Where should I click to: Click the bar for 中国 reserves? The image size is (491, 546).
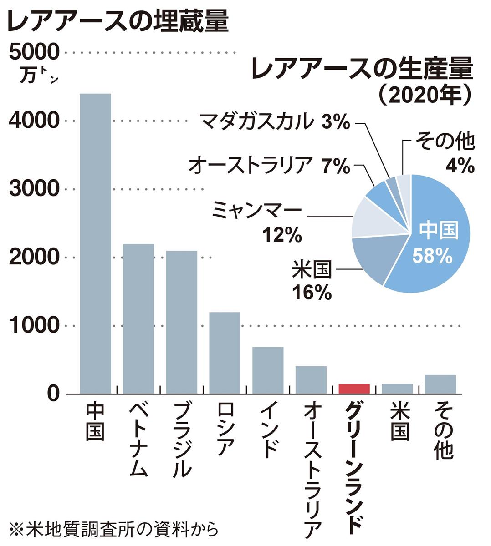(x=95, y=243)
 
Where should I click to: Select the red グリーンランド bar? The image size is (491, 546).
(x=354, y=389)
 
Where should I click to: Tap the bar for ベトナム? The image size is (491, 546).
(x=138, y=318)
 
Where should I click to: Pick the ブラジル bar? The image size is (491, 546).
(x=181, y=322)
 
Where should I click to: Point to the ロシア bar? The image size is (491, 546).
(x=225, y=353)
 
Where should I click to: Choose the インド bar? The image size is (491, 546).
(x=268, y=370)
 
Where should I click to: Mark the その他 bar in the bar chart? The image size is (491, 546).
(x=440, y=384)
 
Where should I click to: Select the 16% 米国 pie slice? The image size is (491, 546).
(x=371, y=259)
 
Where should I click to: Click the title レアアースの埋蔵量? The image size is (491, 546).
(x=118, y=21)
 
